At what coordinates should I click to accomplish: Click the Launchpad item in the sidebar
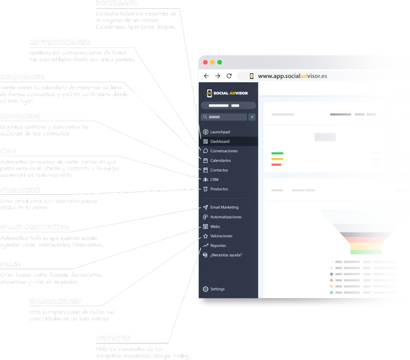click(220, 132)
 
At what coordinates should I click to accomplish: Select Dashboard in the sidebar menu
click(220, 142)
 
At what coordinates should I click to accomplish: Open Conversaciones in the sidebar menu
click(224, 151)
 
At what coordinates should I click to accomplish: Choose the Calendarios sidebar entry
click(220, 161)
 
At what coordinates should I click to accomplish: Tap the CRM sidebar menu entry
click(214, 179)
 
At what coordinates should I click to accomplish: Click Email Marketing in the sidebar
click(224, 208)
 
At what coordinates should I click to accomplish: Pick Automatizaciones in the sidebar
click(226, 217)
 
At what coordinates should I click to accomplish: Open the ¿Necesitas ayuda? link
click(226, 255)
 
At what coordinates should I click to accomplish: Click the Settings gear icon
click(205, 289)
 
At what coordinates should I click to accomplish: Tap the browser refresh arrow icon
click(229, 76)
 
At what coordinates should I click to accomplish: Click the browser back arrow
click(206, 76)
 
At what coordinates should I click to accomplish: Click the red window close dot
click(205, 62)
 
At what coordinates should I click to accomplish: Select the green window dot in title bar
click(220, 62)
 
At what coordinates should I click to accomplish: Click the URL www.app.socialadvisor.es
click(292, 76)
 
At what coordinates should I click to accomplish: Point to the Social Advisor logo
click(227, 93)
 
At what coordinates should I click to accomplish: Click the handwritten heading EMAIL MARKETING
click(35, 227)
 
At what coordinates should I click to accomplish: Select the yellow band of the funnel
click(366, 246)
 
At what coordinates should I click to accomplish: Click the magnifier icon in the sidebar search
click(205, 117)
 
